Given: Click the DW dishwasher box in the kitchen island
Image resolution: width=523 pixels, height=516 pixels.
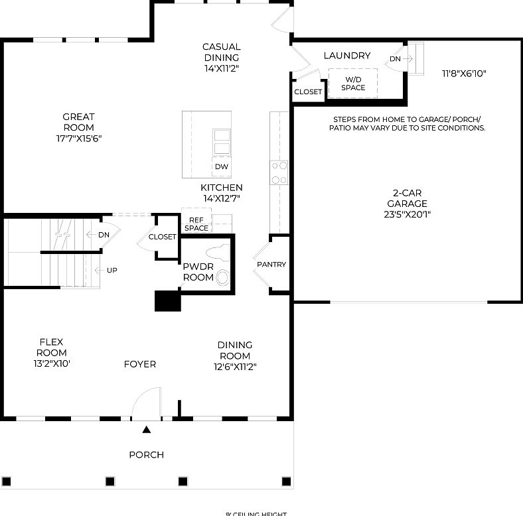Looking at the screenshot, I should click(221, 166).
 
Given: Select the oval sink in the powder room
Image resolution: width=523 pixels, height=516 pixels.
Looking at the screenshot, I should click(224, 277).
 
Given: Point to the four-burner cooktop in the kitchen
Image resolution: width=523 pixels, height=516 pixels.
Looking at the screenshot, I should click(279, 172).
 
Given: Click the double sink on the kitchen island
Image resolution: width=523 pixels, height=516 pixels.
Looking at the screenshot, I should click(221, 141).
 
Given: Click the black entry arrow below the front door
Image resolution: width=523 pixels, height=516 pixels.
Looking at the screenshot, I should click(147, 430).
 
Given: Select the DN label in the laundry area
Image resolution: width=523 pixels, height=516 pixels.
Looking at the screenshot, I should click(395, 59).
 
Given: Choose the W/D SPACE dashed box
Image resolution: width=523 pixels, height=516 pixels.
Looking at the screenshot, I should click(353, 83).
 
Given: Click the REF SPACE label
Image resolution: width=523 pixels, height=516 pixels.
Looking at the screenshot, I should click(196, 224).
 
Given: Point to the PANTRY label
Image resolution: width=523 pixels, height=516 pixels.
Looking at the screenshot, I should click(271, 265).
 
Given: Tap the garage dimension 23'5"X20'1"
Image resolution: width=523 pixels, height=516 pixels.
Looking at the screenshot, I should click(407, 214).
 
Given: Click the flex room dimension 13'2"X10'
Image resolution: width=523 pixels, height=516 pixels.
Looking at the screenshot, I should click(51, 363).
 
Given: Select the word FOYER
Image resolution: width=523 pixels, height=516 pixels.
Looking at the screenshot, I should click(140, 364).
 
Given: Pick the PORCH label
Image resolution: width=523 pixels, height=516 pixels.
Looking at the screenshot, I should click(146, 455).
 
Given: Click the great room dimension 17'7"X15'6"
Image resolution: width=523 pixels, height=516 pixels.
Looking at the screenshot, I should click(79, 139).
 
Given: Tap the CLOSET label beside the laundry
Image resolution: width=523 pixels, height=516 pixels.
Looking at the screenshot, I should click(307, 92).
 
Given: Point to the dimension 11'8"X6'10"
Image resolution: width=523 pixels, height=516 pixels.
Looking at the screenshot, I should click(464, 74).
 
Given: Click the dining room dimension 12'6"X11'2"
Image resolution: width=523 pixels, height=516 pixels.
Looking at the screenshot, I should click(235, 366).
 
